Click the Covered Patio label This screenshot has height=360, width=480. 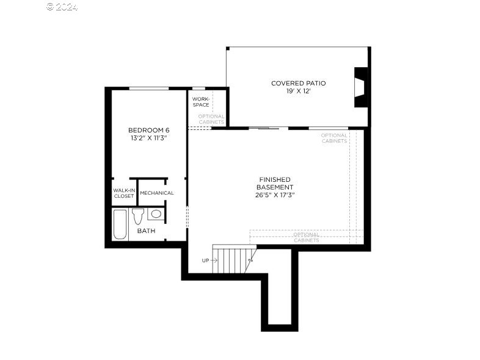tap(299, 83)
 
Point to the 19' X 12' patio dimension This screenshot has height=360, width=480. tap(299, 91)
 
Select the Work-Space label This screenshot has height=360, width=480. tap(201, 101)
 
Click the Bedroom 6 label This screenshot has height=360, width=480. tap(148, 130)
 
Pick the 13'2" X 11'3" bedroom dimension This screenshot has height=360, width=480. tap(148, 139)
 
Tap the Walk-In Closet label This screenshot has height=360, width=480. tap(123, 193)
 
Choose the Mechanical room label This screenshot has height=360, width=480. tap(157, 193)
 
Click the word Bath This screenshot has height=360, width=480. tap(146, 231)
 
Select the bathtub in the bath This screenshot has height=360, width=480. tap(120, 224)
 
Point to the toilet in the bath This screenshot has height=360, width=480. tap(138, 215)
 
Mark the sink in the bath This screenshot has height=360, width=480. tap(156, 214)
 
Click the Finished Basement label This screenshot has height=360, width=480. tap(275, 183)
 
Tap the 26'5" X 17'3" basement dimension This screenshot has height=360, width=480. tap(275, 195)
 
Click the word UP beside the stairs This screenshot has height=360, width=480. tap(206, 261)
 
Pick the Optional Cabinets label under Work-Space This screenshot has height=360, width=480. tap(211, 119)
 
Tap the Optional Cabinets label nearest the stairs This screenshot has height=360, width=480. tap(306, 237)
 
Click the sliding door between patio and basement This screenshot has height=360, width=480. tap(267, 128)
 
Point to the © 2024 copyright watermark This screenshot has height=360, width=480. tap(62, 7)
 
